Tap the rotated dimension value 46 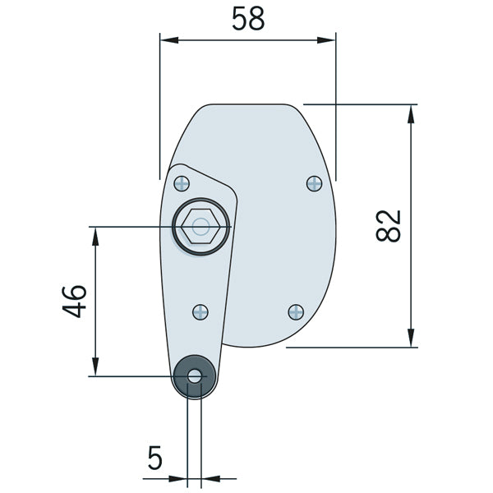[x=74, y=301]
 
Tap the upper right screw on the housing [x=314, y=183]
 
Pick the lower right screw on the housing [x=296, y=311]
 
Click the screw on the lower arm [x=200, y=311]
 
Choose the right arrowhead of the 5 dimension [x=207, y=477]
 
